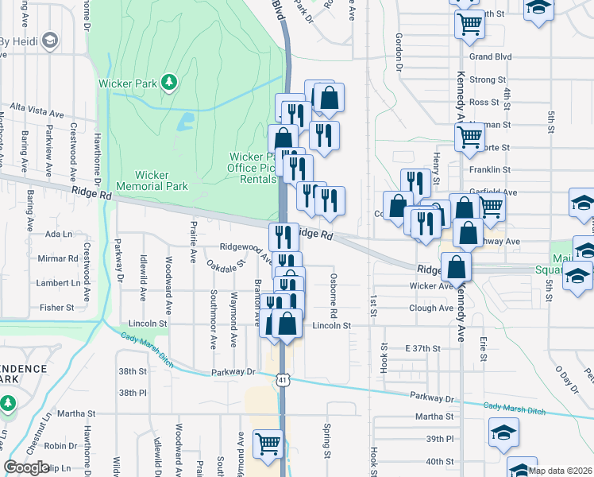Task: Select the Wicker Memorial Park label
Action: tap(152, 180)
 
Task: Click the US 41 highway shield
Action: tap(283, 382)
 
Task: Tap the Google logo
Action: tap(26, 467)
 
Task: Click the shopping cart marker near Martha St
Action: tap(268, 444)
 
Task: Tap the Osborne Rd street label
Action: tap(334, 293)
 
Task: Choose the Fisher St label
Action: tap(56, 307)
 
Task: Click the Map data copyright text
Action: tap(561, 471)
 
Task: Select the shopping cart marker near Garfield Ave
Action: tap(492, 207)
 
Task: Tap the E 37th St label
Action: tap(422, 348)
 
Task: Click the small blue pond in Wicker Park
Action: tap(186, 122)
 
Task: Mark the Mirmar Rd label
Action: tap(57, 258)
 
